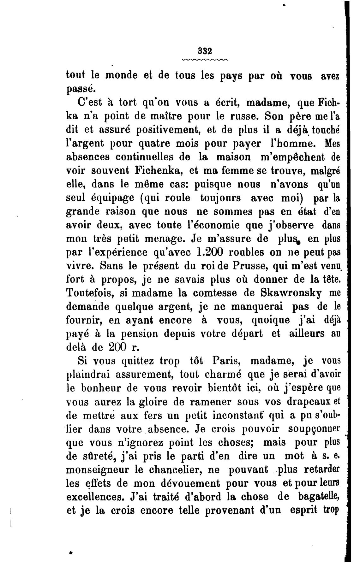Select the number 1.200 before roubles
[210, 252]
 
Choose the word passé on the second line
[81, 90]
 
